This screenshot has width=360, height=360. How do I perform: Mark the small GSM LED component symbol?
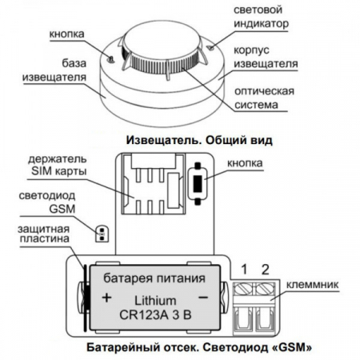(101, 233)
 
